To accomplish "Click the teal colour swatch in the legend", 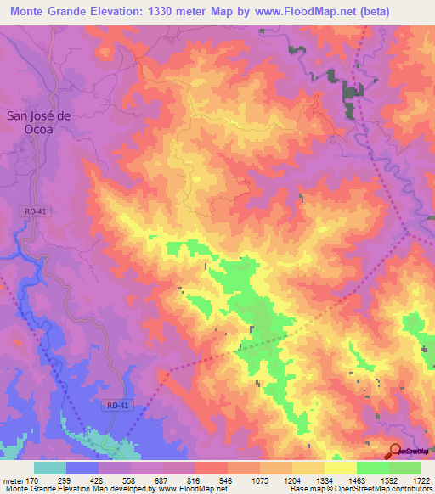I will (50, 467).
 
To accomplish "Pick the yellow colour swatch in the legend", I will (341, 467).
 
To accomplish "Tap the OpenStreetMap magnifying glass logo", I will (396, 450).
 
